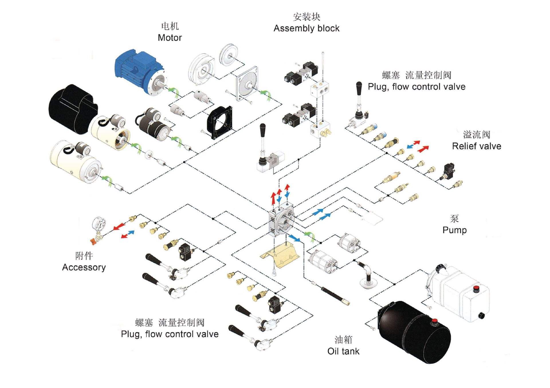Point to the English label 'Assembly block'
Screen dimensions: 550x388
coord(306,28)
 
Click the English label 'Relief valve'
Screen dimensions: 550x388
coord(476,146)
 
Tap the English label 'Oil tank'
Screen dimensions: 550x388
coord(343,351)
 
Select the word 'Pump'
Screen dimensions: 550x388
coord(455,230)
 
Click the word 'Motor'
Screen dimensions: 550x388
coord(170,38)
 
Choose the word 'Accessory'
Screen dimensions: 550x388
coord(84,267)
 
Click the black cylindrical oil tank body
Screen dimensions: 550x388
coord(414,332)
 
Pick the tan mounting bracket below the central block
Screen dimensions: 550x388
coord(280,255)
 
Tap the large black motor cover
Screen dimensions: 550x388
coord(73,109)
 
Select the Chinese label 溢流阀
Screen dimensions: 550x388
coord(477,134)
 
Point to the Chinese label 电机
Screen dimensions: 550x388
coord(170,26)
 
